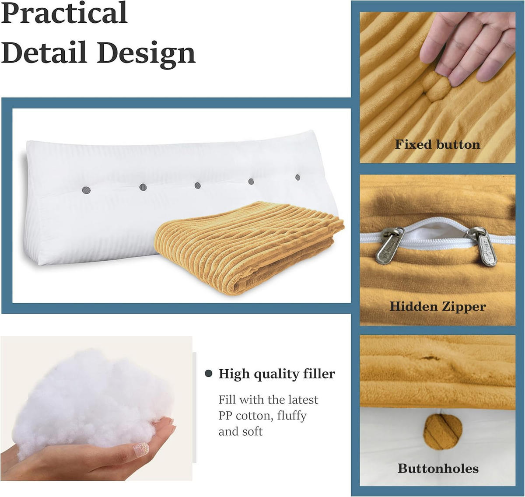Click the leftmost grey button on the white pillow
coord(86,190)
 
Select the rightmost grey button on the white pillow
coord(298,178)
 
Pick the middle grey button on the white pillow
coord(198,185)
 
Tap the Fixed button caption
coord(437,144)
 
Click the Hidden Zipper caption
coord(437,306)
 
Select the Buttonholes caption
coord(437,469)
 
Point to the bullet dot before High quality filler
coord(209,374)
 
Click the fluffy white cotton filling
coord(87,398)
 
